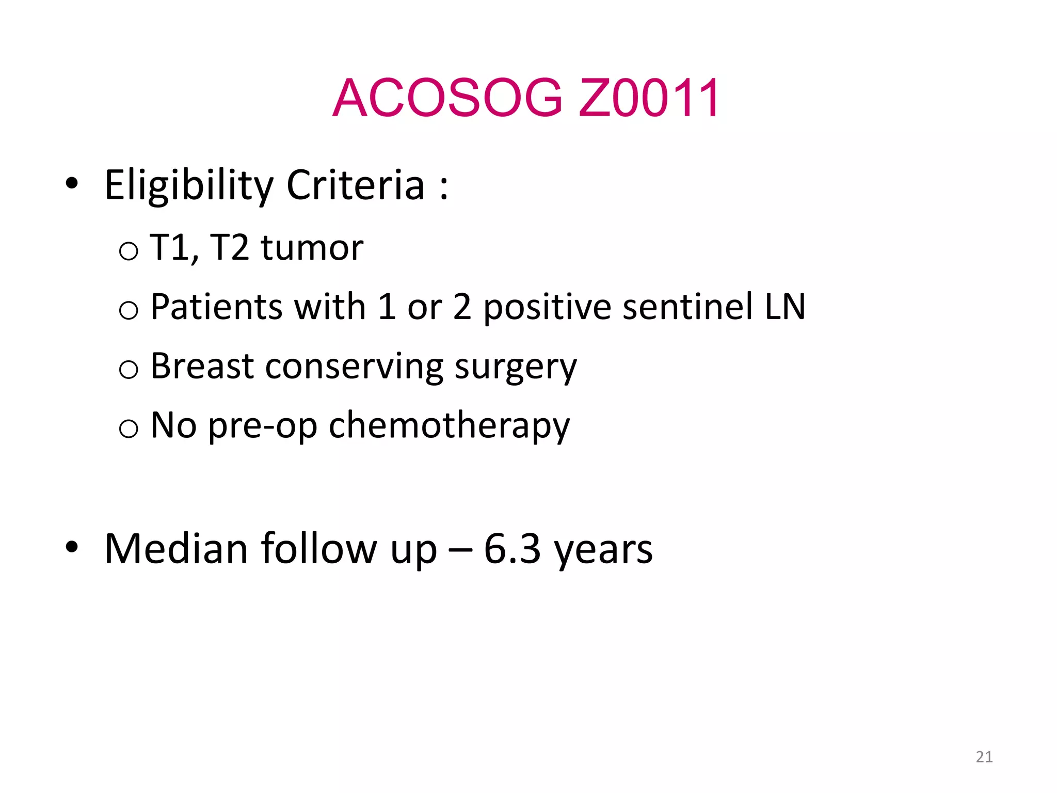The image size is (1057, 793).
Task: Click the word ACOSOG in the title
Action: pos(447,98)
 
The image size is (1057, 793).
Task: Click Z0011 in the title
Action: pos(648,98)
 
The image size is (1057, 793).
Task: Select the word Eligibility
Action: pos(189,186)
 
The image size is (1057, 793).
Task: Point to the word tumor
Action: pos(312,248)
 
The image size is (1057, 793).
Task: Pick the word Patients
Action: pos(216,307)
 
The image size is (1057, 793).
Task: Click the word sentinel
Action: pos(688,307)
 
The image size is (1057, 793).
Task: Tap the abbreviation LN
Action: pos(785,307)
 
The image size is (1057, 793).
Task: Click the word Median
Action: pos(176,549)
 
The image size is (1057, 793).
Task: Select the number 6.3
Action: pos(512,549)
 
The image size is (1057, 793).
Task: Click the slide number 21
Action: pos(984,757)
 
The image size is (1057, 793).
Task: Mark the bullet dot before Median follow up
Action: pos(72,547)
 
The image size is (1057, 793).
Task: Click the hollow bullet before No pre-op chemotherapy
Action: pos(129,429)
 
